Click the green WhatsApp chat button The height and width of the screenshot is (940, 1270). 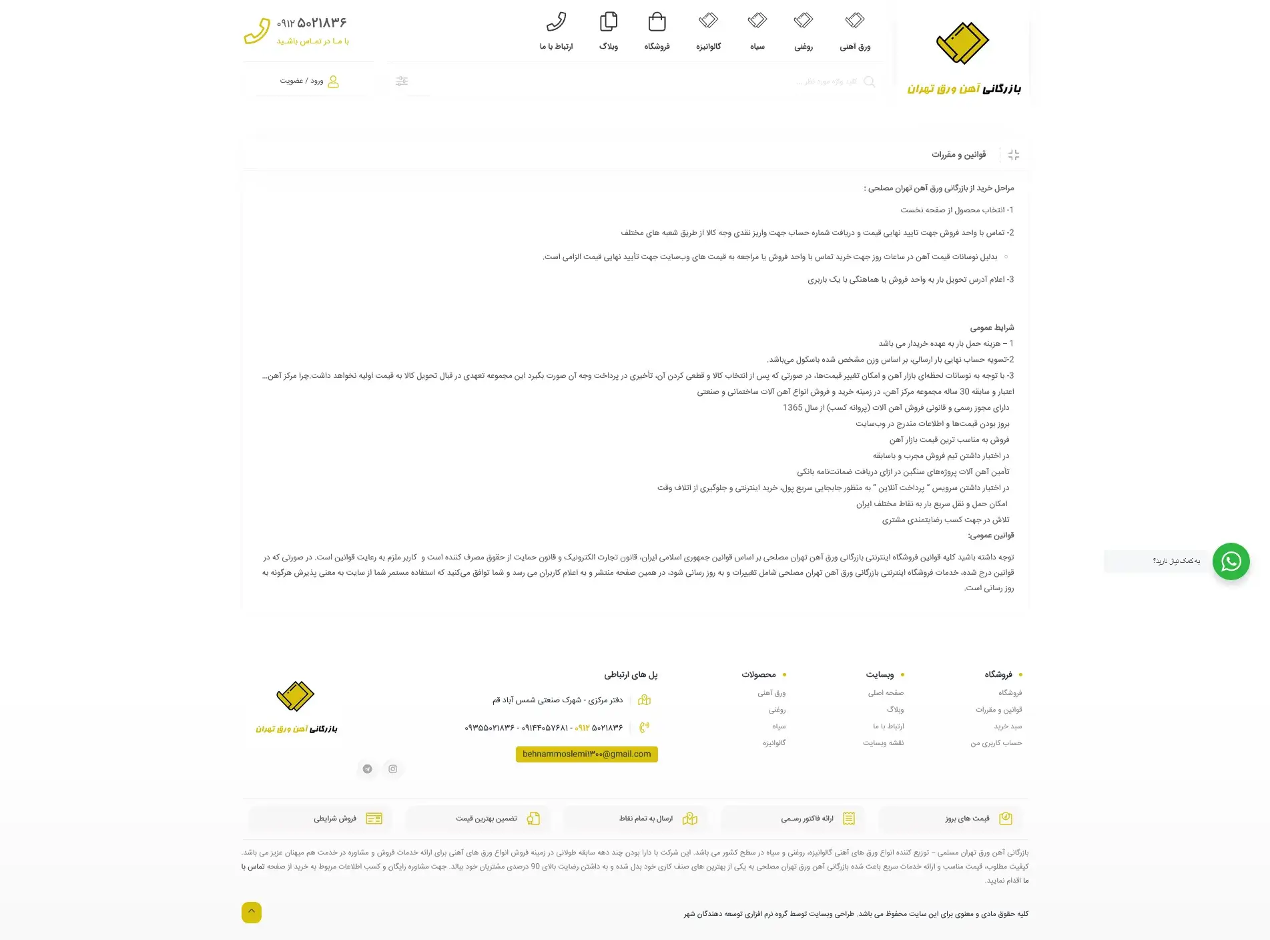click(1231, 561)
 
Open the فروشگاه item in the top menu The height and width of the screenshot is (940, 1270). click(657, 31)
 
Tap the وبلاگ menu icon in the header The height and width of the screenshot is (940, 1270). click(608, 22)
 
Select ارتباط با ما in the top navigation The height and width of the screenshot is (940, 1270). click(556, 31)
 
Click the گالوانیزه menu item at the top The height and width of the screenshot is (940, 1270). click(708, 31)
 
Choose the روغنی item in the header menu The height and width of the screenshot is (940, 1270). click(803, 31)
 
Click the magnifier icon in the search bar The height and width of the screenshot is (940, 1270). click(870, 81)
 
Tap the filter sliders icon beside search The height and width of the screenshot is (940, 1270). click(402, 81)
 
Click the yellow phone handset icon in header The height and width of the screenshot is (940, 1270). click(257, 31)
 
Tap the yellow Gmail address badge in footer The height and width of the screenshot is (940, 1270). click(587, 754)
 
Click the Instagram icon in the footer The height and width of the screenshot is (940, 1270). click(393, 769)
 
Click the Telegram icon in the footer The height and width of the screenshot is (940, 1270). click(367, 769)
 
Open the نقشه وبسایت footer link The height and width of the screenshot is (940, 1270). click(883, 743)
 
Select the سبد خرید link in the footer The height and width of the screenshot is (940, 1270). click(1008, 726)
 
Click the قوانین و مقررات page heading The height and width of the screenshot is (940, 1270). click(958, 155)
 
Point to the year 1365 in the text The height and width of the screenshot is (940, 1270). click(793, 408)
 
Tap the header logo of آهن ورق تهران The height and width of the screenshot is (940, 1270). click(963, 60)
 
